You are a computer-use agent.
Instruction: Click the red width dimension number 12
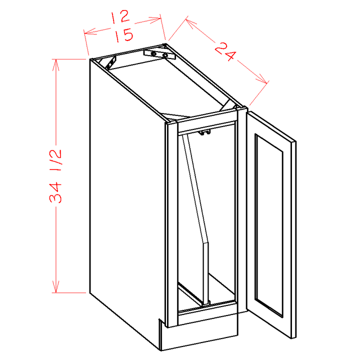pos(120,17)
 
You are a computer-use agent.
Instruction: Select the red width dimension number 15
pos(123,35)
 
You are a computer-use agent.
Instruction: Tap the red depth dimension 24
pos(225,51)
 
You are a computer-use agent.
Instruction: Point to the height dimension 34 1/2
pos(55,176)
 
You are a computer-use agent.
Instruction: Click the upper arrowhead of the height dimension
pos(56,65)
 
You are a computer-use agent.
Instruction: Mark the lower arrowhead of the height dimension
pos(56,286)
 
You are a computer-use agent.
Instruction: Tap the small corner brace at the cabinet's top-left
pos(111,62)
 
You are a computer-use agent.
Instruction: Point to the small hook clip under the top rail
pos(205,132)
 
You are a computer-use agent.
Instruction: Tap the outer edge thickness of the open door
pos(293,239)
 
